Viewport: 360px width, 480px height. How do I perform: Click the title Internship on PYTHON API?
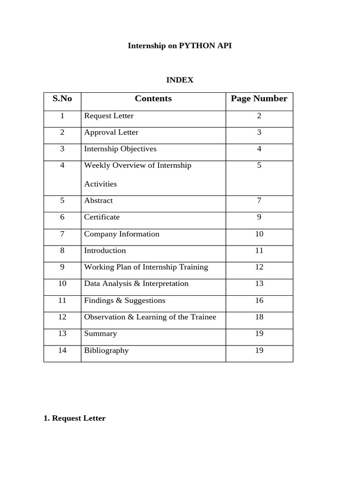180,46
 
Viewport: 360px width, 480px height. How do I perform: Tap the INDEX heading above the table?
180,80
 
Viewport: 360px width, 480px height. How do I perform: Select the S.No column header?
62,98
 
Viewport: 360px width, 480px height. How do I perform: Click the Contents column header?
153,98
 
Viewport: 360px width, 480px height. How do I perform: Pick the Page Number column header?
259,98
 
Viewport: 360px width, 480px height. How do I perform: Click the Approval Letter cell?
111,132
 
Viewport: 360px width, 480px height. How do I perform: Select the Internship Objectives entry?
120,149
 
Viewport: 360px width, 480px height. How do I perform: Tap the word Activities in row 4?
100,184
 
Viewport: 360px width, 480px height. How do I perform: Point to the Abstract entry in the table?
98,201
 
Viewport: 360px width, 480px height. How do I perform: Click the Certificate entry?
102,217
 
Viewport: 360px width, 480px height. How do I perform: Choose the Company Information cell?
121,234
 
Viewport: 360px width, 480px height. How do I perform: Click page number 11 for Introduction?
259,250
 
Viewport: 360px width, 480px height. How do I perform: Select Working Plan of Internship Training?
146,267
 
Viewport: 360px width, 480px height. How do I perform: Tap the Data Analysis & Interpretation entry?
136,284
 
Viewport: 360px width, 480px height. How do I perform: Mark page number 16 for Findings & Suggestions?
259,300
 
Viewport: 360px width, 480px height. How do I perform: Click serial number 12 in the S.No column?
62,317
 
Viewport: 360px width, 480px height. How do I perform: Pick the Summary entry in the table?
100,334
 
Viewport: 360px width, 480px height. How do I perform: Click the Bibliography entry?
106,350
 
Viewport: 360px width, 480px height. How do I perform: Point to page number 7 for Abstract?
259,201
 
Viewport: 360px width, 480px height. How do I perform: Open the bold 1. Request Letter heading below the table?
75,418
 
